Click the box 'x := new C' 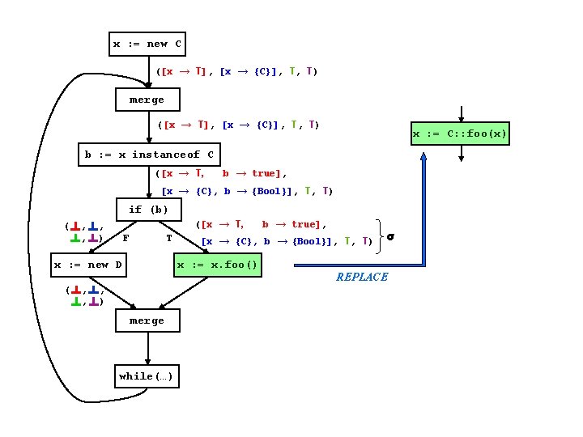click(x=147, y=44)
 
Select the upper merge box click(x=147, y=100)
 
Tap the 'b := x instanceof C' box click(x=149, y=155)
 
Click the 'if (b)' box click(x=148, y=210)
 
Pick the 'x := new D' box click(x=87, y=265)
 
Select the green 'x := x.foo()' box click(x=219, y=265)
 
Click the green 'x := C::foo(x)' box click(x=460, y=133)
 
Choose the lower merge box click(x=147, y=321)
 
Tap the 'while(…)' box click(x=147, y=376)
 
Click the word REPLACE click(x=361, y=277)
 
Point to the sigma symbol click(x=389, y=238)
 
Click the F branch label click(x=126, y=238)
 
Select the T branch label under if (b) click(x=168, y=238)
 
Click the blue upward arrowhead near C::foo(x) click(x=423, y=158)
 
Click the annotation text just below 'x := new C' click(x=236, y=71)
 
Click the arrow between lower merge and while click(x=147, y=349)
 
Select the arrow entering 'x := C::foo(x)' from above click(x=460, y=113)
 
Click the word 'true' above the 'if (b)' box click(x=266, y=173)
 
